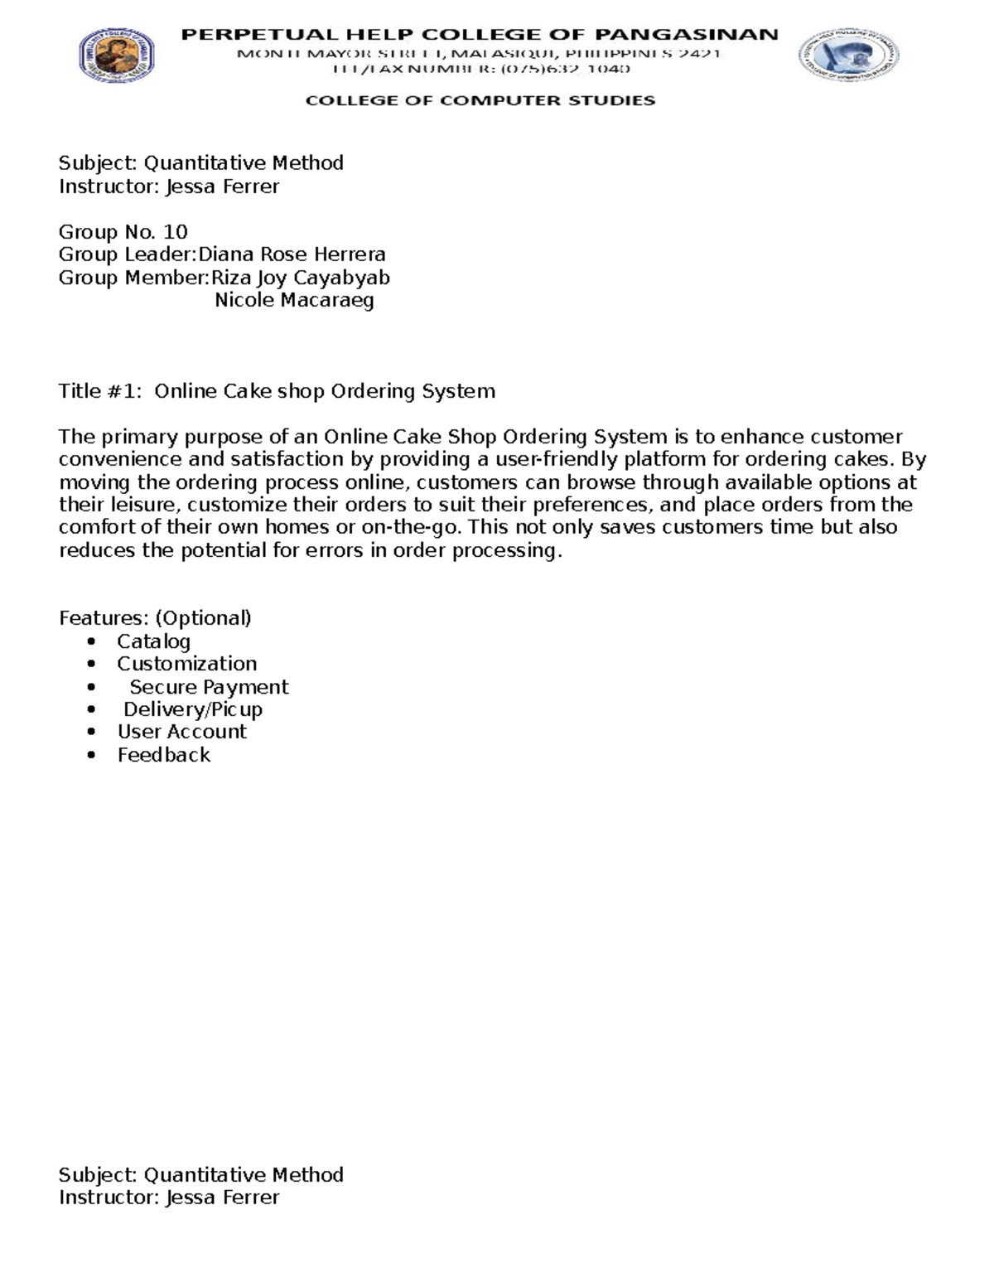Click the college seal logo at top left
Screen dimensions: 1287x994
[116, 55]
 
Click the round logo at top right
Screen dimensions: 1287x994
[849, 56]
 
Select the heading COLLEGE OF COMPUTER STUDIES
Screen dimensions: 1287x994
[480, 100]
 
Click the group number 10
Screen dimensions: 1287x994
[176, 232]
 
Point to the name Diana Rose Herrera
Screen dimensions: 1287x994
[292, 254]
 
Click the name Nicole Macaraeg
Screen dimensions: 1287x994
[294, 300]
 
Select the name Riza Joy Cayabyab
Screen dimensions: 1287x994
[300, 278]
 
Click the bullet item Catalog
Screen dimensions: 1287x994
[153, 641]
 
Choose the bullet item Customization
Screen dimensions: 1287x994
[186, 664]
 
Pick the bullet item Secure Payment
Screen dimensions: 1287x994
[209, 687]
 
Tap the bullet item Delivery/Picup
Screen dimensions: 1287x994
[192, 709]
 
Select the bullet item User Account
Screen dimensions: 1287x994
[181, 732]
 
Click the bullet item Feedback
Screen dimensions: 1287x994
[163, 755]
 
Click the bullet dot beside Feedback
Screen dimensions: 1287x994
[91, 755]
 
